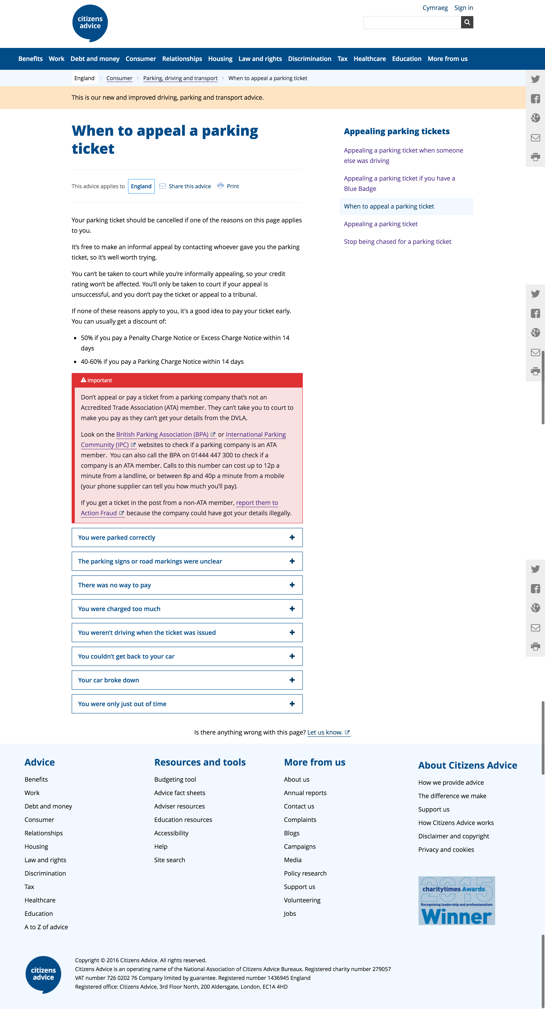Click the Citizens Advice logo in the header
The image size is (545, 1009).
(x=90, y=23)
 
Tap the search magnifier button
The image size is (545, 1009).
(x=467, y=22)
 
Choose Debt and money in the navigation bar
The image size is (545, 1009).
(x=95, y=59)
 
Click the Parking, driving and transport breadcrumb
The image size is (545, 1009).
(x=180, y=78)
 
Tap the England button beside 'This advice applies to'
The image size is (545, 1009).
(x=141, y=187)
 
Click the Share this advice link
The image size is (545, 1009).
(x=190, y=187)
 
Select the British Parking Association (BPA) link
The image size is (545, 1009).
(x=162, y=434)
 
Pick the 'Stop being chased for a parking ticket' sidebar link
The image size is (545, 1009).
(x=397, y=242)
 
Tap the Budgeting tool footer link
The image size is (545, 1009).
(x=175, y=780)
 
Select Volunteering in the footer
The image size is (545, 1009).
(x=302, y=900)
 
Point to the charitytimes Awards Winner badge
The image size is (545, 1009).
(x=456, y=901)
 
